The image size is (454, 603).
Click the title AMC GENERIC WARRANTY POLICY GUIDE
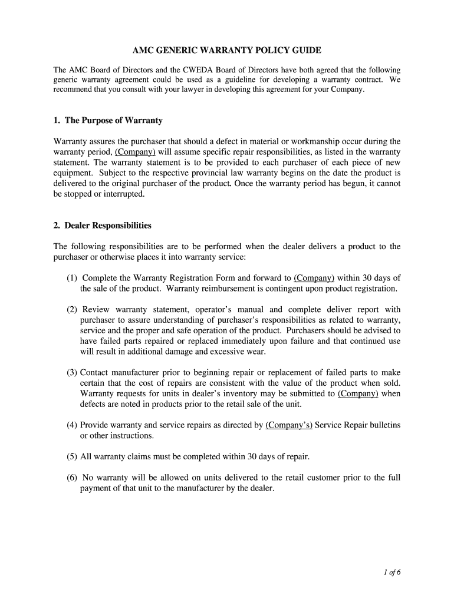tap(227, 51)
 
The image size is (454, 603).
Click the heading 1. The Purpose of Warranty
tap(107, 121)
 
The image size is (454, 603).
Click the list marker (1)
tap(72, 278)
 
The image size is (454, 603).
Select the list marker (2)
tap(72, 310)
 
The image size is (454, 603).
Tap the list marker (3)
tap(72, 373)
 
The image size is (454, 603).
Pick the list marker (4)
tap(72, 425)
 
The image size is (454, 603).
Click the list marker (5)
tap(72, 457)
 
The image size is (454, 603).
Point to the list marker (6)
tap(72, 478)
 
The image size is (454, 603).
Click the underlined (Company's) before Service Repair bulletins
tap(289, 425)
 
